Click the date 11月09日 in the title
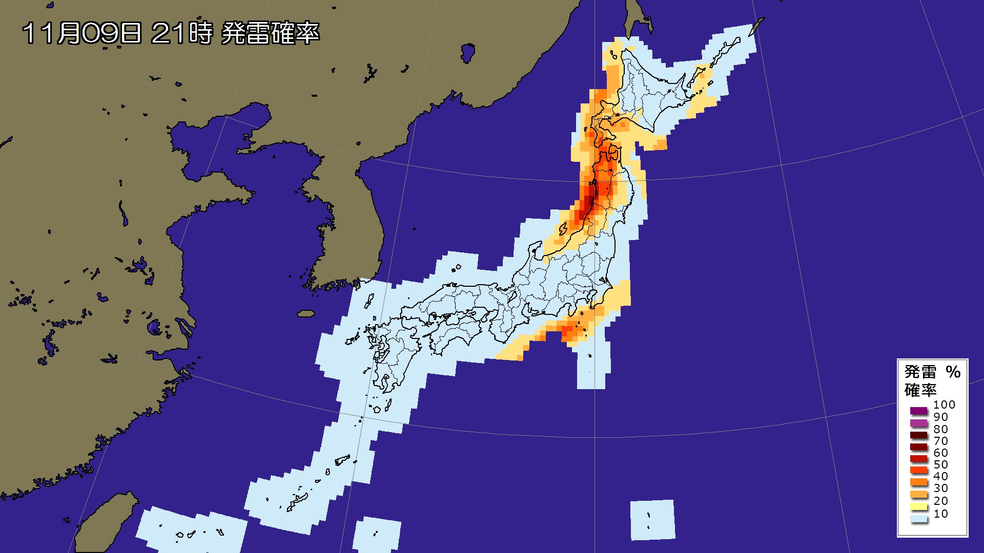(81, 33)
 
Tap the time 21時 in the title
(182, 33)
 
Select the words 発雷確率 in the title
(270, 33)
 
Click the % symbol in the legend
(953, 372)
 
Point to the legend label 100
(944, 405)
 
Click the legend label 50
(940, 464)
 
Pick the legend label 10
(940, 514)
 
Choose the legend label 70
(940, 441)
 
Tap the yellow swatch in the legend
(919, 507)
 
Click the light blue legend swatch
(919, 519)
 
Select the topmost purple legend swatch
(919, 411)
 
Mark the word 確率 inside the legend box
(920, 390)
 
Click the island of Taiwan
(105, 522)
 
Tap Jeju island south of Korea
(306, 313)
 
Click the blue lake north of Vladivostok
(467, 52)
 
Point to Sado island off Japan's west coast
(535, 251)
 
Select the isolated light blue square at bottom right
(652, 520)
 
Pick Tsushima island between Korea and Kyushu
(369, 301)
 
